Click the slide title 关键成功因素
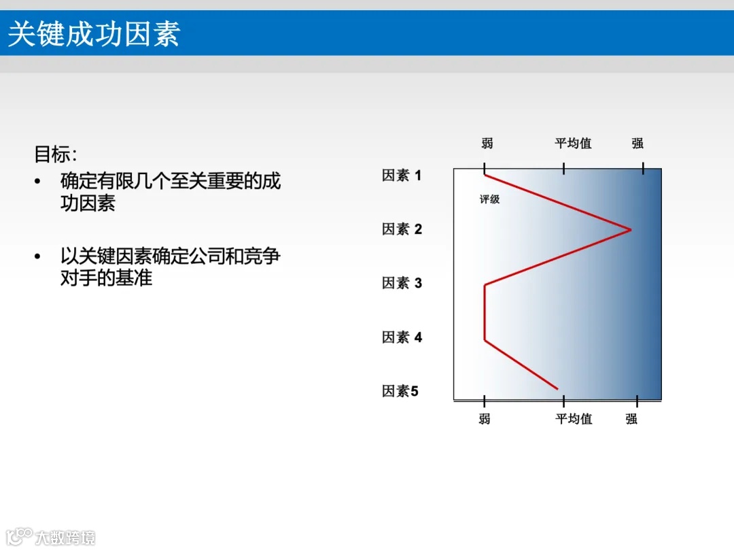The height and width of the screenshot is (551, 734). [94, 34]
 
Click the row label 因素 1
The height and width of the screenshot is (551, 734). [402, 176]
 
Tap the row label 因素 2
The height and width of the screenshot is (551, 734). [402, 229]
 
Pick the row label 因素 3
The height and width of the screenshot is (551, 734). [402, 283]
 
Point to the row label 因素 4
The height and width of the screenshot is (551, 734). [402, 337]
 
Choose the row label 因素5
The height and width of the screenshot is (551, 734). [400, 391]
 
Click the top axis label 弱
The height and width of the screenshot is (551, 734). [487, 144]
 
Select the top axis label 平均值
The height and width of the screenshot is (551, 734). [573, 144]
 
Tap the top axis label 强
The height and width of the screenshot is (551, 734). [637, 144]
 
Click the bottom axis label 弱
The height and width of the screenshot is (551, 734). [484, 419]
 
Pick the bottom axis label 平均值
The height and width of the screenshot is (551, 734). [574, 419]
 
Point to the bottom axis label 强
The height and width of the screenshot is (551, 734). [631, 419]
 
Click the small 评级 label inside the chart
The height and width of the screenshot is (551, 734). [489, 200]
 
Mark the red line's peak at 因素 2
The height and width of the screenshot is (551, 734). [630, 230]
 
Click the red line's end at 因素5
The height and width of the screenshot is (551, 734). [557, 388]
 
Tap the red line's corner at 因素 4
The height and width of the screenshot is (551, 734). [485, 338]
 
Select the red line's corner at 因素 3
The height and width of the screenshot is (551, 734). [485, 286]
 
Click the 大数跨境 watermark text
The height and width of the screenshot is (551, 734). [65, 537]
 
